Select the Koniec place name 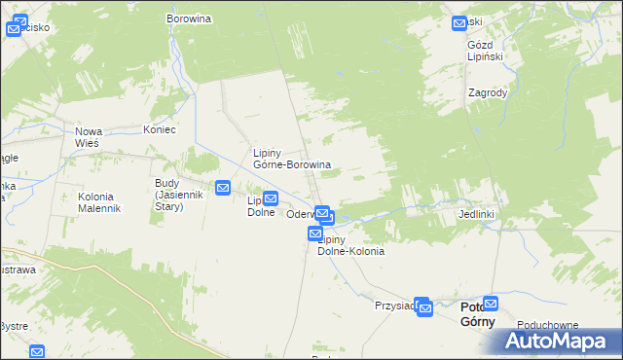point(160,128)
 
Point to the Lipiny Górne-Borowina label point(292,159)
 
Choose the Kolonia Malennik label point(98,202)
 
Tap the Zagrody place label point(487,93)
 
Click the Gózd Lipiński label point(488,52)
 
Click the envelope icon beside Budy point(223,188)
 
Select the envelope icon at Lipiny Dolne point(270,198)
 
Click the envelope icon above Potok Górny point(491,303)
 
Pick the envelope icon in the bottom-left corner point(37,352)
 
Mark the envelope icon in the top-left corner point(14,29)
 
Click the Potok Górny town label point(477,314)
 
